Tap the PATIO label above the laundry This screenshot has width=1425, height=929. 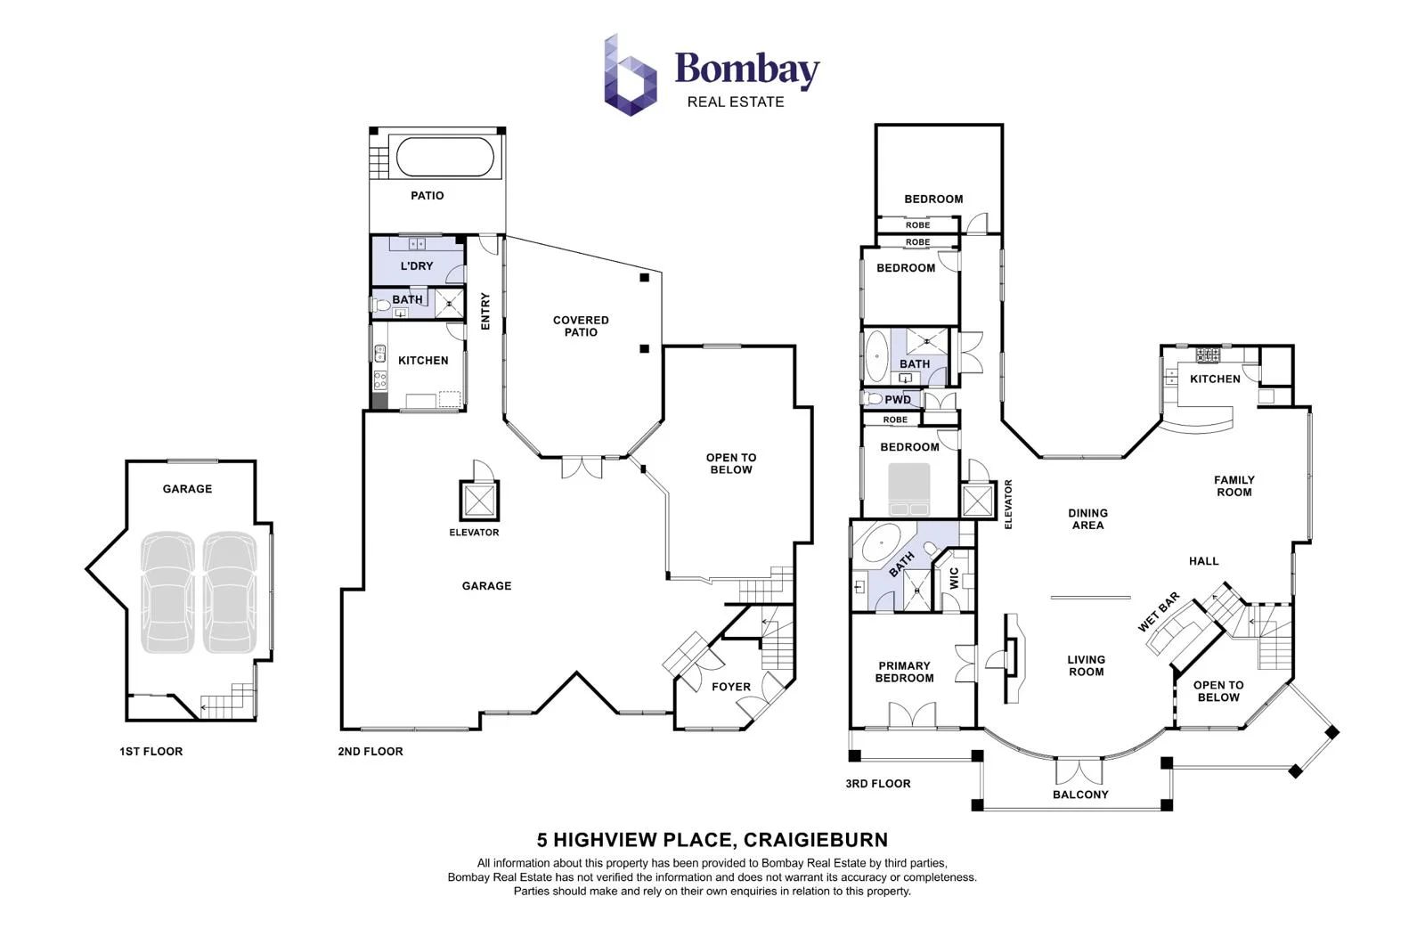click(427, 195)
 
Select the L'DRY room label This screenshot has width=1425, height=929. click(416, 265)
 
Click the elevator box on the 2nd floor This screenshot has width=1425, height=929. click(478, 501)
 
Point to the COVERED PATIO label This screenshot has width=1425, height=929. click(581, 326)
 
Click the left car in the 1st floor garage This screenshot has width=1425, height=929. click(167, 591)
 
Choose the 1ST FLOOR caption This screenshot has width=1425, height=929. click(151, 751)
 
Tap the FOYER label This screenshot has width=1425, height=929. click(730, 687)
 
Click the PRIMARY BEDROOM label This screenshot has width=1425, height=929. click(904, 672)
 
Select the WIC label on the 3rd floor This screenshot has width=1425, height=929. click(954, 578)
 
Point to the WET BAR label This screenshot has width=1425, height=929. click(1158, 612)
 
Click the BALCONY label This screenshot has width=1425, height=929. click(1079, 795)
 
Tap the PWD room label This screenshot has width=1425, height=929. click(897, 399)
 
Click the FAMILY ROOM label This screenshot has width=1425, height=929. click(1234, 485)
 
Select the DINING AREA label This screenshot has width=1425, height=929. click(1087, 518)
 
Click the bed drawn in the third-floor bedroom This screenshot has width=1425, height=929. click(908, 488)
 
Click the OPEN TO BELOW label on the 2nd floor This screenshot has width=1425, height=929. click(730, 463)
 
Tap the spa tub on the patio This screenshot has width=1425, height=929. click(444, 157)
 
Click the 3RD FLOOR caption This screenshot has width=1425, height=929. click(877, 783)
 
